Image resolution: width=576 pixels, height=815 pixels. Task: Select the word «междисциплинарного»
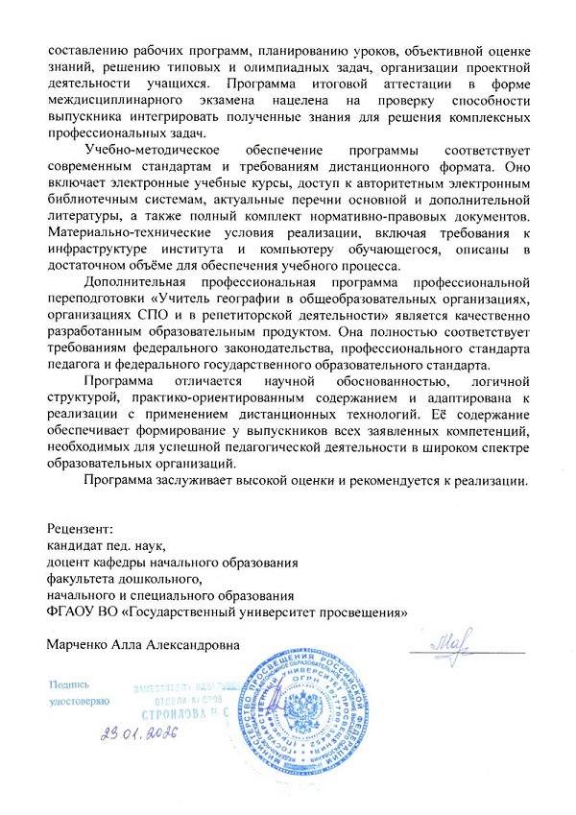click(113, 100)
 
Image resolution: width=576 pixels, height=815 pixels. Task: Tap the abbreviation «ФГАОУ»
click(73, 614)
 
